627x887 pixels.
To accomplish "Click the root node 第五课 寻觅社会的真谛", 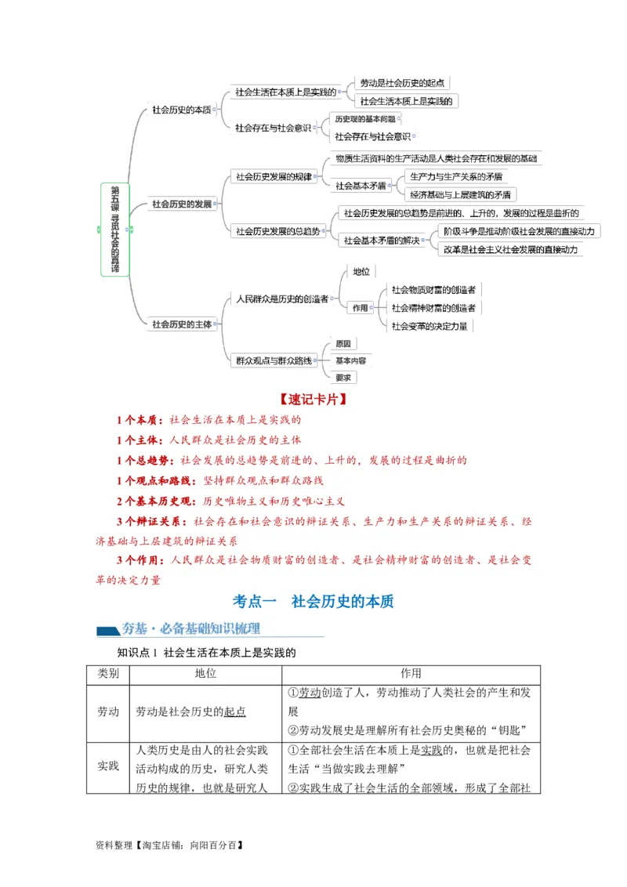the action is (x=114, y=230).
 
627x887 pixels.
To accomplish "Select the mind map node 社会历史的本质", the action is (x=182, y=110).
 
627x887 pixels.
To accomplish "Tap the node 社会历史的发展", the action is (x=182, y=204).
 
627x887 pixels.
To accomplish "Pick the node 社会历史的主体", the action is (x=182, y=324).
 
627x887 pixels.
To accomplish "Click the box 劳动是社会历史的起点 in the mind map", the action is (x=403, y=83).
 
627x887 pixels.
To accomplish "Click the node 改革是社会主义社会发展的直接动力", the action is (x=509, y=249).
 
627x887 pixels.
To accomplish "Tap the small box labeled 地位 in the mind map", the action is (x=361, y=271).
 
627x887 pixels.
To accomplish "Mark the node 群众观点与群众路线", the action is (x=274, y=360).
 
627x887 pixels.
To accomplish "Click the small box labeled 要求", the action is (x=344, y=377).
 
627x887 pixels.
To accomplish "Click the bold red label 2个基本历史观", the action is (x=158, y=501).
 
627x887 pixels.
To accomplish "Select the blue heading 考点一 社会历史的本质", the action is (x=313, y=602).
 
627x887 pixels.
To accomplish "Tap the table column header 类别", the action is (x=108, y=674).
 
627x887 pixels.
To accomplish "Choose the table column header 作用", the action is (x=411, y=674).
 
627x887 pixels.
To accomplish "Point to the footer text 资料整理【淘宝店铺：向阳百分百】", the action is (x=169, y=845).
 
